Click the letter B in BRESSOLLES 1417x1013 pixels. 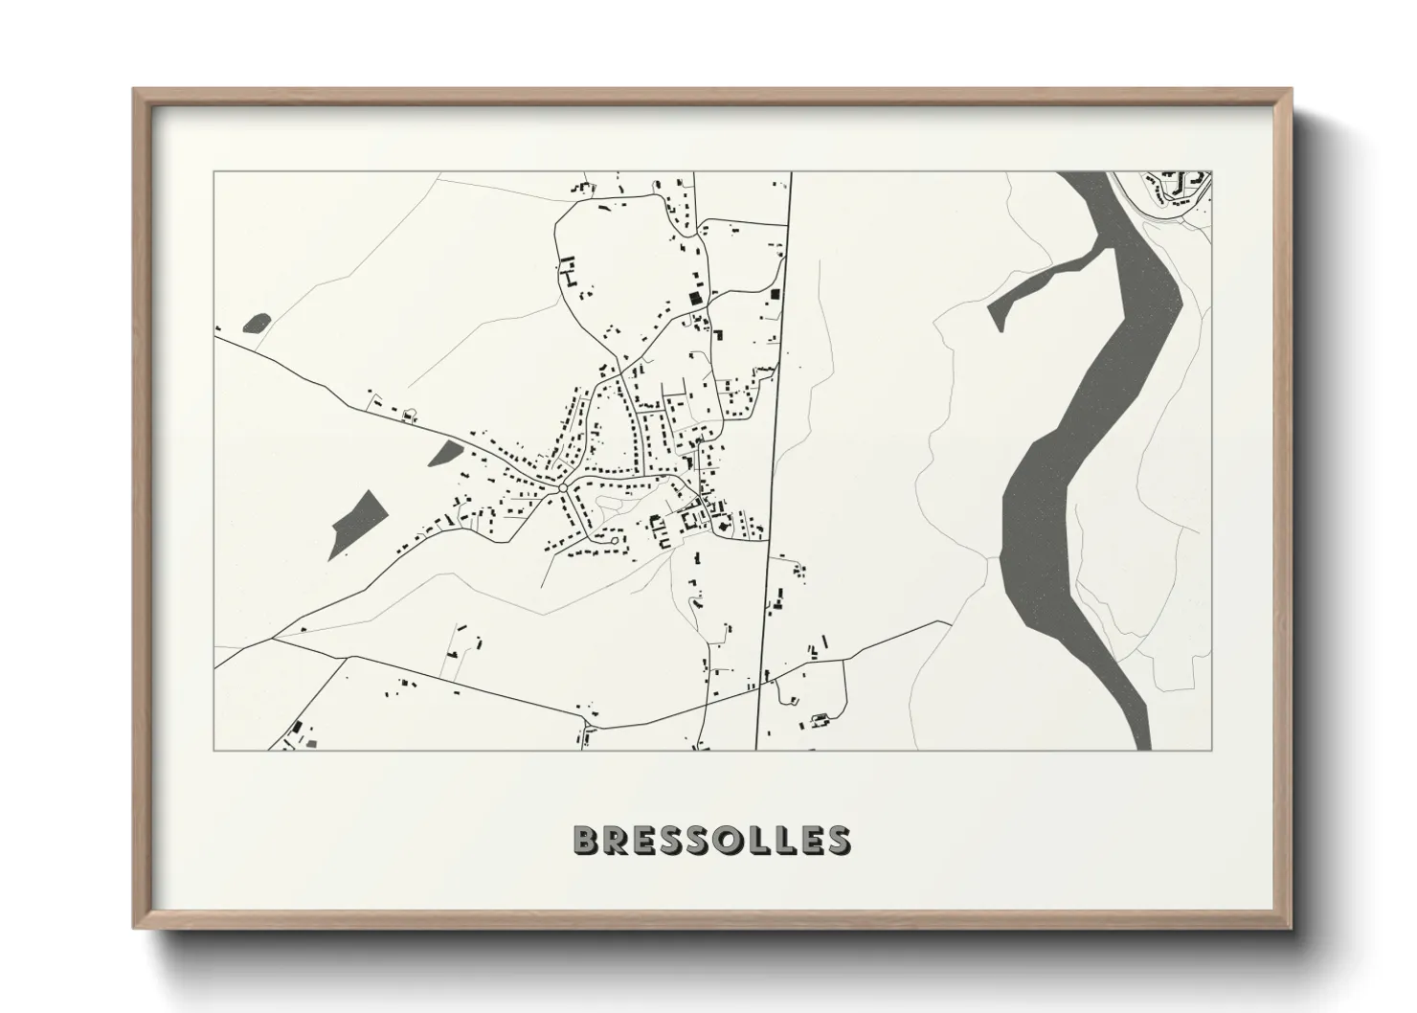coord(586,840)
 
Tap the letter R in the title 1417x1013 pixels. coord(618,840)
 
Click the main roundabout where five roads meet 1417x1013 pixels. coord(563,488)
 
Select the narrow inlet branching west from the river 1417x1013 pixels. coord(1044,282)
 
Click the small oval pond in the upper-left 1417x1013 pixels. coord(258,323)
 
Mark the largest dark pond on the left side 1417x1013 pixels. coord(356,522)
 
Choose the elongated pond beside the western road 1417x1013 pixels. coord(443,452)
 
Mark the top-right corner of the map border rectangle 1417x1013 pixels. coord(1211,172)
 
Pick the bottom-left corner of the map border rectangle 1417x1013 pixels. coord(214,750)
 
